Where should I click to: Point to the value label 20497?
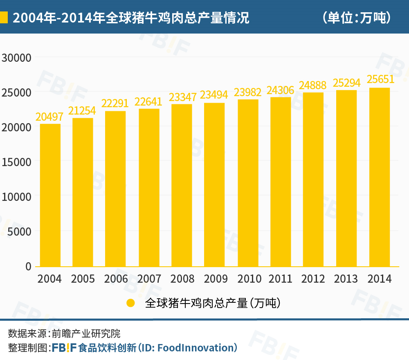coord(50,117)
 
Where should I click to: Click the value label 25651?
coord(380,79)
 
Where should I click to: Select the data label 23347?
coord(182,97)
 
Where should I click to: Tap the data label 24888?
coord(312,85)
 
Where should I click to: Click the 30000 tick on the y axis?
coord(16,58)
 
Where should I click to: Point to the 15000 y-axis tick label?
coord(16,162)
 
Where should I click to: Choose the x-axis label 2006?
coord(116,279)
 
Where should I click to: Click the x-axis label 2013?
coord(346,279)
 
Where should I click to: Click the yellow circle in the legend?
coord(130,303)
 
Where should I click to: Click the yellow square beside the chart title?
coord(4,18)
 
